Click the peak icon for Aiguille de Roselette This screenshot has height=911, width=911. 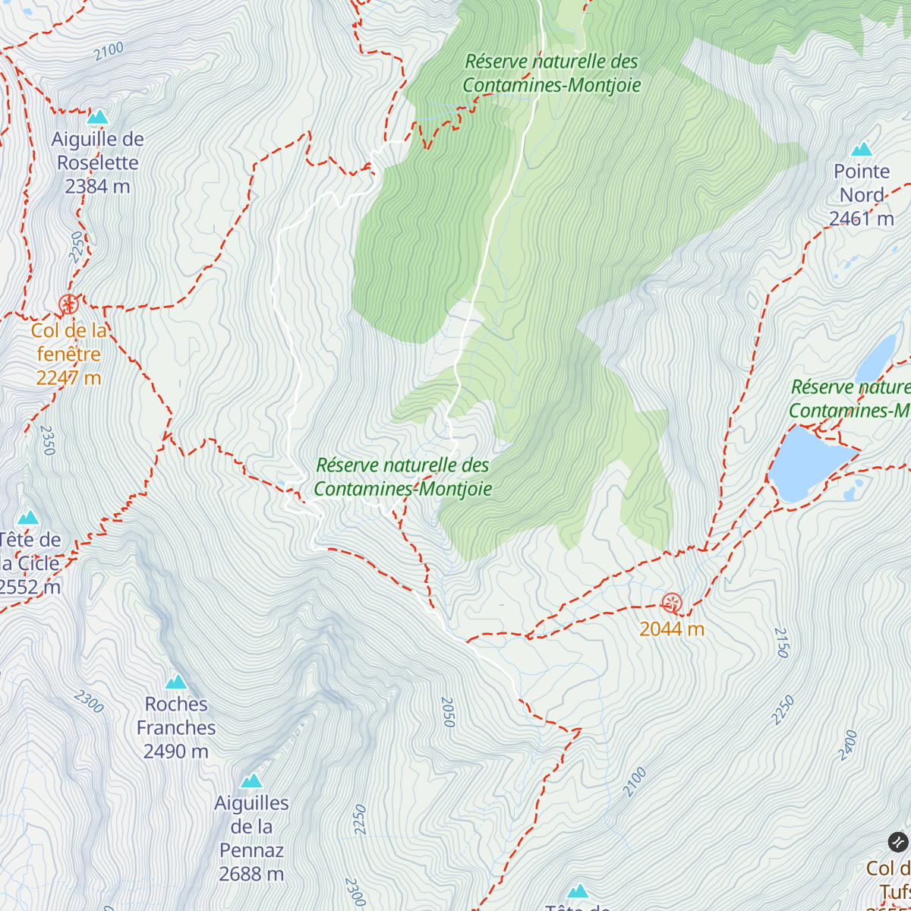98,117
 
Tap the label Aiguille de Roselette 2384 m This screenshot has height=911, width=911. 98,162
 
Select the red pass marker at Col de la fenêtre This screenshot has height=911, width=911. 68,304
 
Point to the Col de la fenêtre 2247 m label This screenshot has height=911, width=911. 68,354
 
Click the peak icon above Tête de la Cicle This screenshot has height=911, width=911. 29,518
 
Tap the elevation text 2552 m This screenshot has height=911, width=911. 30,587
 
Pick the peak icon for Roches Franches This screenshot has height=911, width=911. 176,681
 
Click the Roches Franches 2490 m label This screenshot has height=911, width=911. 176,727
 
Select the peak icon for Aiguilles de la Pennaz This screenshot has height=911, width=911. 251,780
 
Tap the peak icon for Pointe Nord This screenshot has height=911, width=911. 862,149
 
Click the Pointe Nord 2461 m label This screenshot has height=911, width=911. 862,195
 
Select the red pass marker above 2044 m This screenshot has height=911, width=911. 672,604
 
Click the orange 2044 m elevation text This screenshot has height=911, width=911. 672,629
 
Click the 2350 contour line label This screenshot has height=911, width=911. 47,440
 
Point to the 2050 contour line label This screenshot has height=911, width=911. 448,712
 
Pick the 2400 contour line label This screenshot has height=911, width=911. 848,745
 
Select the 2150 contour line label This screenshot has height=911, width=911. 782,642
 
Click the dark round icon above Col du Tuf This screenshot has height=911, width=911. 898,842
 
